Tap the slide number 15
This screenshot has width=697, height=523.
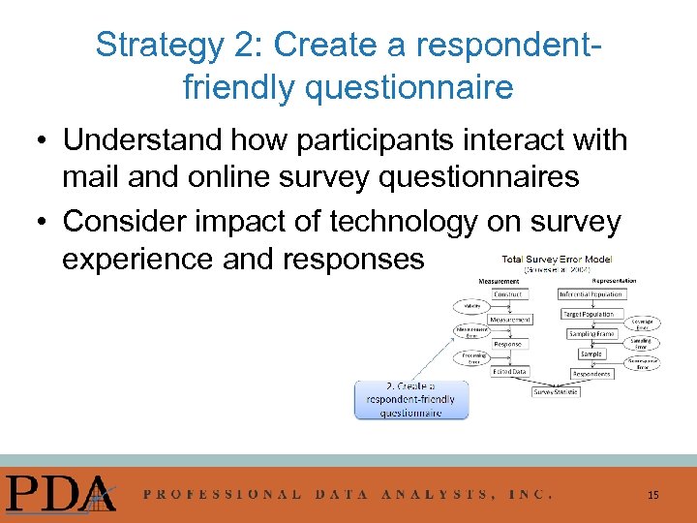(x=653, y=495)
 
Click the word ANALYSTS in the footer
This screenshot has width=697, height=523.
(x=434, y=494)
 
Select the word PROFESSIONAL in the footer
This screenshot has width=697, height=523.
(x=223, y=494)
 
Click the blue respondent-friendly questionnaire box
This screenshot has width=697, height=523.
(x=410, y=399)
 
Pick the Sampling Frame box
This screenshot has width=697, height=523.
(x=591, y=333)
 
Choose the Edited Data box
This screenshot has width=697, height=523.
(x=509, y=371)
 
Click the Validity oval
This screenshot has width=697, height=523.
(x=471, y=306)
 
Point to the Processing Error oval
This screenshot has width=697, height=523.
(x=473, y=358)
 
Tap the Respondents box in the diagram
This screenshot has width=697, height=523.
(x=591, y=373)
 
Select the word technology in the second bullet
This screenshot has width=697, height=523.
(x=403, y=222)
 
